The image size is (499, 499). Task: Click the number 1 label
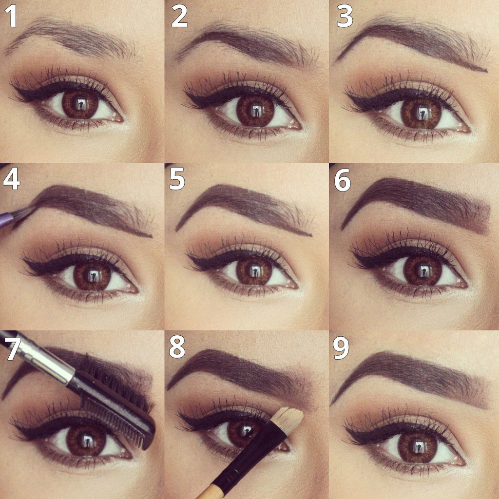click(x=12, y=17)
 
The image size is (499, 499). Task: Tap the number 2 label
click(x=179, y=16)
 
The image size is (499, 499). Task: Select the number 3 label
click(x=345, y=16)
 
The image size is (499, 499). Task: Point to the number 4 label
click(x=12, y=180)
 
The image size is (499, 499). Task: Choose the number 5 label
click(x=177, y=179)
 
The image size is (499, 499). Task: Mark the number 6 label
click(x=343, y=180)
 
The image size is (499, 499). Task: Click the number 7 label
click(x=13, y=349)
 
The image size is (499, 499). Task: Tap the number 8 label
click(x=177, y=347)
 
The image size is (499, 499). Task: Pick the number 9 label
click(x=341, y=348)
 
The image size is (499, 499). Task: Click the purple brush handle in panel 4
click(x=6, y=220)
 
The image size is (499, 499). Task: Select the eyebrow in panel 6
click(x=416, y=204)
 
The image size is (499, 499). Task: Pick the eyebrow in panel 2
click(x=247, y=44)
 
